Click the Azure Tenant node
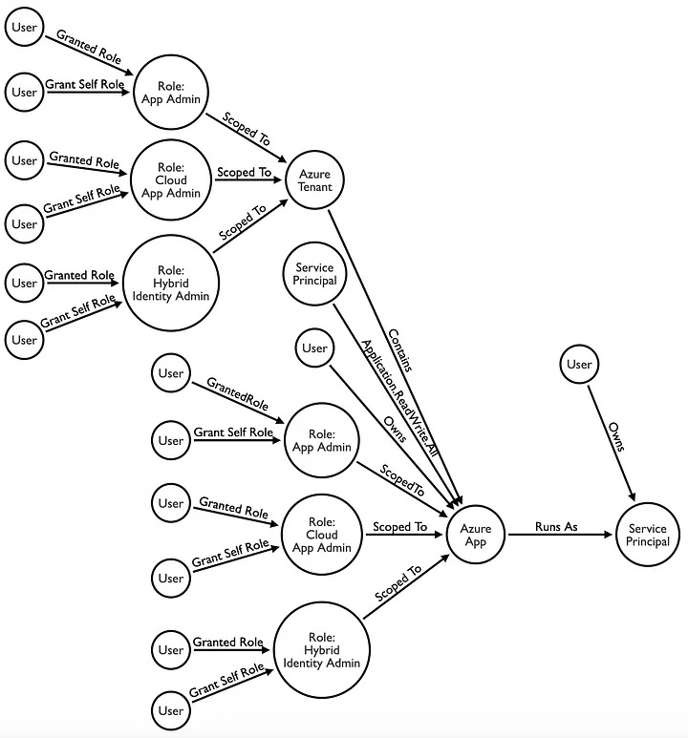(x=314, y=179)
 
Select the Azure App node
(x=476, y=535)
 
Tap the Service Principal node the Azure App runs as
(x=648, y=536)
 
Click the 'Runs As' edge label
(x=557, y=526)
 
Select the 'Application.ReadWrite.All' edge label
(x=399, y=401)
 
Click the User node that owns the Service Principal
(x=579, y=364)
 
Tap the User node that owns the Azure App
(x=314, y=348)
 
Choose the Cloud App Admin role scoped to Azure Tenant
(x=169, y=179)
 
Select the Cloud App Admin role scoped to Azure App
(x=323, y=535)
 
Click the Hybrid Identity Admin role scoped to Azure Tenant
(x=171, y=283)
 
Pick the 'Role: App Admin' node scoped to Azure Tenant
(x=171, y=94)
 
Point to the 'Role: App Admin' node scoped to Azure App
(x=321, y=440)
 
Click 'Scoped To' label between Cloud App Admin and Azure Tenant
(x=245, y=173)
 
